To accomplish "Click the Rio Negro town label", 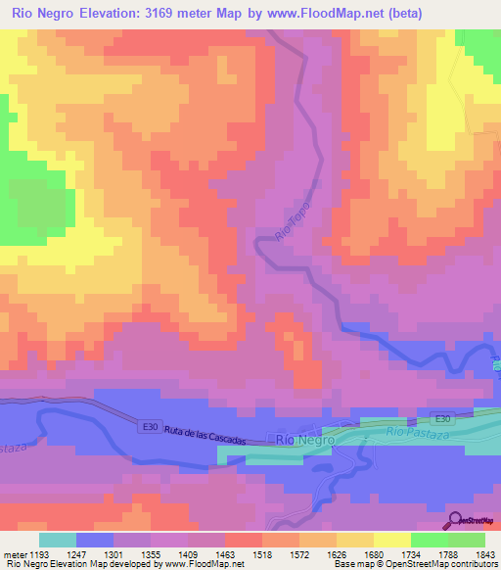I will click(305, 440).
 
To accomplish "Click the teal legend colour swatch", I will click(58, 540).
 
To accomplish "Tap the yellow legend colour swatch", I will click(392, 540).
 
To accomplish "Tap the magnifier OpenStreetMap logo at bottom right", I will click(453, 519).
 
